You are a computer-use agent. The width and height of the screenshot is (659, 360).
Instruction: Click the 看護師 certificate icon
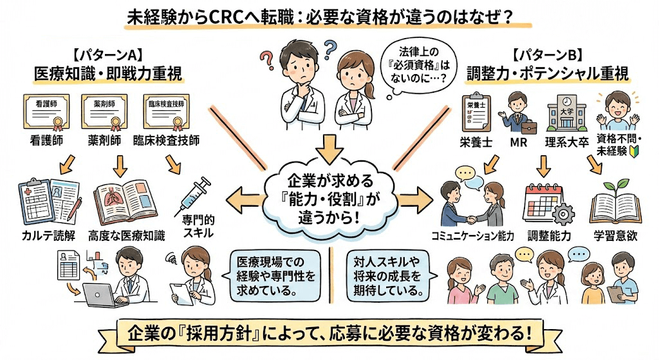[47, 113]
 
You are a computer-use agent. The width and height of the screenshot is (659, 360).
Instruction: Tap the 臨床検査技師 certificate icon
[167, 113]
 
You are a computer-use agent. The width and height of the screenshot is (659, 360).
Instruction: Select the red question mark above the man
[267, 56]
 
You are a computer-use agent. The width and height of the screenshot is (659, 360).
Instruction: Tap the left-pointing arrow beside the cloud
[241, 193]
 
